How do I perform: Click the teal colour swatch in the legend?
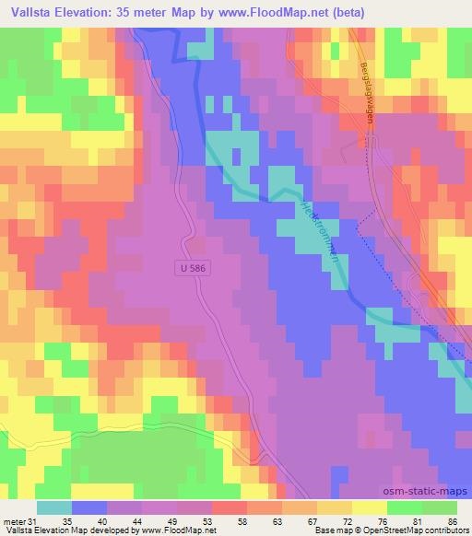[54, 507]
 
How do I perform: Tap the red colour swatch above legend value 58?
[229, 507]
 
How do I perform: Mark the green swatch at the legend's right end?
[440, 507]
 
